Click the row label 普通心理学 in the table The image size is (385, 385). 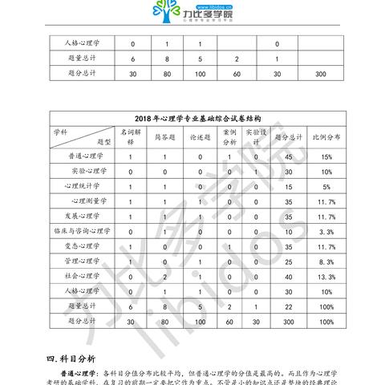(87, 157)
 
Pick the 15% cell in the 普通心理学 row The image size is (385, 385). (326, 157)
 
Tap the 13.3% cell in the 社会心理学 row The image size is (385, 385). (326, 276)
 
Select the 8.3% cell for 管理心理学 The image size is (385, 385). (326, 261)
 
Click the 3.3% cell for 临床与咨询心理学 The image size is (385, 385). (326, 231)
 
